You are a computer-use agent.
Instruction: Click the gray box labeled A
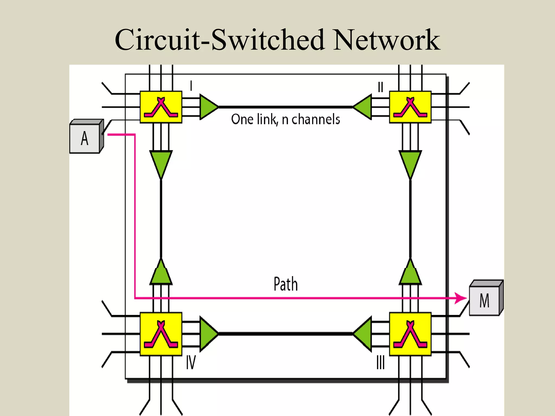pyautogui.click(x=85, y=138)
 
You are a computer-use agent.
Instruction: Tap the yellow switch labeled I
pyautogui.click(x=161, y=107)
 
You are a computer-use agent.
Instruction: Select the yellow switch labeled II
pyautogui.click(x=410, y=107)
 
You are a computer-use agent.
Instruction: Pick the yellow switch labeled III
pyautogui.click(x=410, y=334)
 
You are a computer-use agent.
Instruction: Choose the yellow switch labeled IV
pyautogui.click(x=161, y=334)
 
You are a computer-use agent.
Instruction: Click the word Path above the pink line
pyautogui.click(x=286, y=284)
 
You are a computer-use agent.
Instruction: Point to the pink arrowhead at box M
pyautogui.click(x=461, y=298)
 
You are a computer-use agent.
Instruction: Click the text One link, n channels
pyautogui.click(x=285, y=119)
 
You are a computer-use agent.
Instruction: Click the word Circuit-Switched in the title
pyautogui.click(x=220, y=40)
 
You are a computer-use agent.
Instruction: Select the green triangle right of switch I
pyautogui.click(x=208, y=107)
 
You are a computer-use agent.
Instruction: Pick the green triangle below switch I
pyautogui.click(x=161, y=162)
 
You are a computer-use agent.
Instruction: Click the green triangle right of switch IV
pyautogui.click(x=208, y=334)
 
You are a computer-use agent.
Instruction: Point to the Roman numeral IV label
pyautogui.click(x=191, y=363)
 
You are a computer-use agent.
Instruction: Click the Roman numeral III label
pyautogui.click(x=380, y=363)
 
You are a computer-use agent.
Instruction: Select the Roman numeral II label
pyautogui.click(x=380, y=87)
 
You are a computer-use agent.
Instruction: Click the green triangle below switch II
pyautogui.click(x=410, y=162)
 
